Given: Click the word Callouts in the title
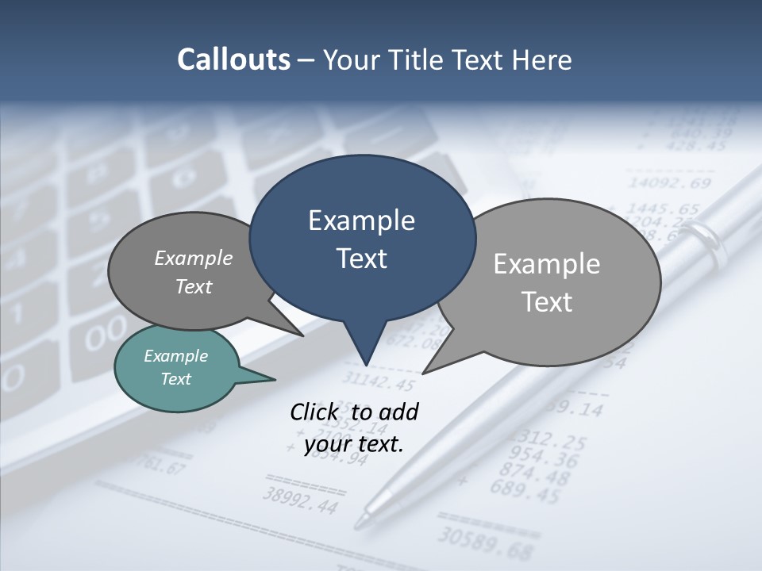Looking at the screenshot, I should (x=233, y=59).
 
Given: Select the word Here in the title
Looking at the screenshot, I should (x=542, y=59).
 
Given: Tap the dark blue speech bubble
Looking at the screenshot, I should (x=362, y=238).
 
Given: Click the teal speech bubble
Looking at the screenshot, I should (x=176, y=368).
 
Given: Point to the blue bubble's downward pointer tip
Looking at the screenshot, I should (x=366, y=364).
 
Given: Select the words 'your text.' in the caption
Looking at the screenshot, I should (x=354, y=444).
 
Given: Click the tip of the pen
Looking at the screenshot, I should (x=360, y=523).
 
